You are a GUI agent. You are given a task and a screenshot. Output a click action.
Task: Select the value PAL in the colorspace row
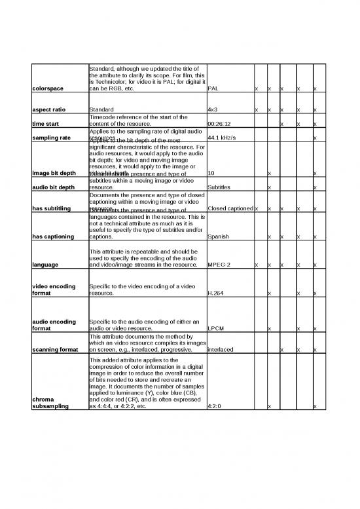pos(213,89)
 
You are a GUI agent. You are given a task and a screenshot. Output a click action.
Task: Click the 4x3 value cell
pos(212,109)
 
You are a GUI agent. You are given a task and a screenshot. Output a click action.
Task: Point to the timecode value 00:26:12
pos(219,123)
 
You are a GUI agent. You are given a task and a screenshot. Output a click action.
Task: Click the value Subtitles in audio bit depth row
pos(218,187)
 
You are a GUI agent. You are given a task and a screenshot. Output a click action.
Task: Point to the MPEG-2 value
pos(218,265)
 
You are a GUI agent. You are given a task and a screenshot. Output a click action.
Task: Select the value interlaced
pos(220,349)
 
